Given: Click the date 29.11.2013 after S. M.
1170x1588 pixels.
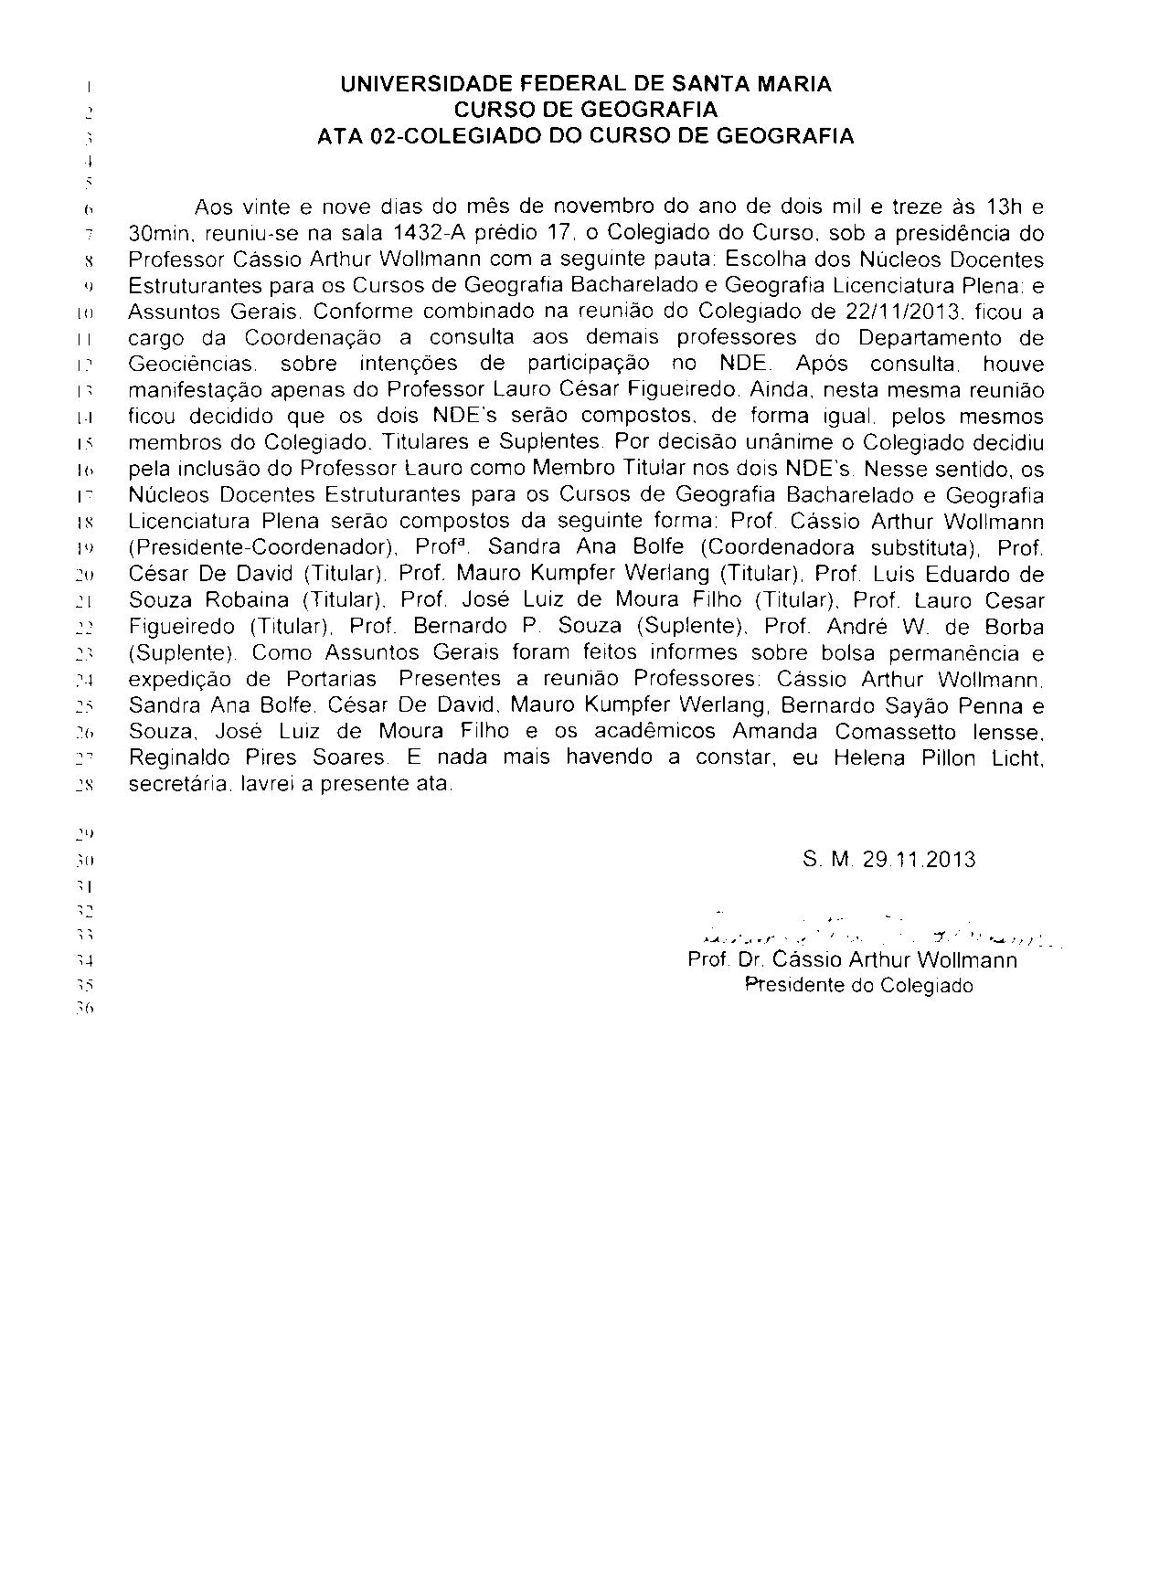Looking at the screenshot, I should tap(918, 860).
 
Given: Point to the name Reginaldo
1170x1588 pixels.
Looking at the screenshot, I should tap(179, 758).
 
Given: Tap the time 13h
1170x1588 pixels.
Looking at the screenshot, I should tap(987, 207).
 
